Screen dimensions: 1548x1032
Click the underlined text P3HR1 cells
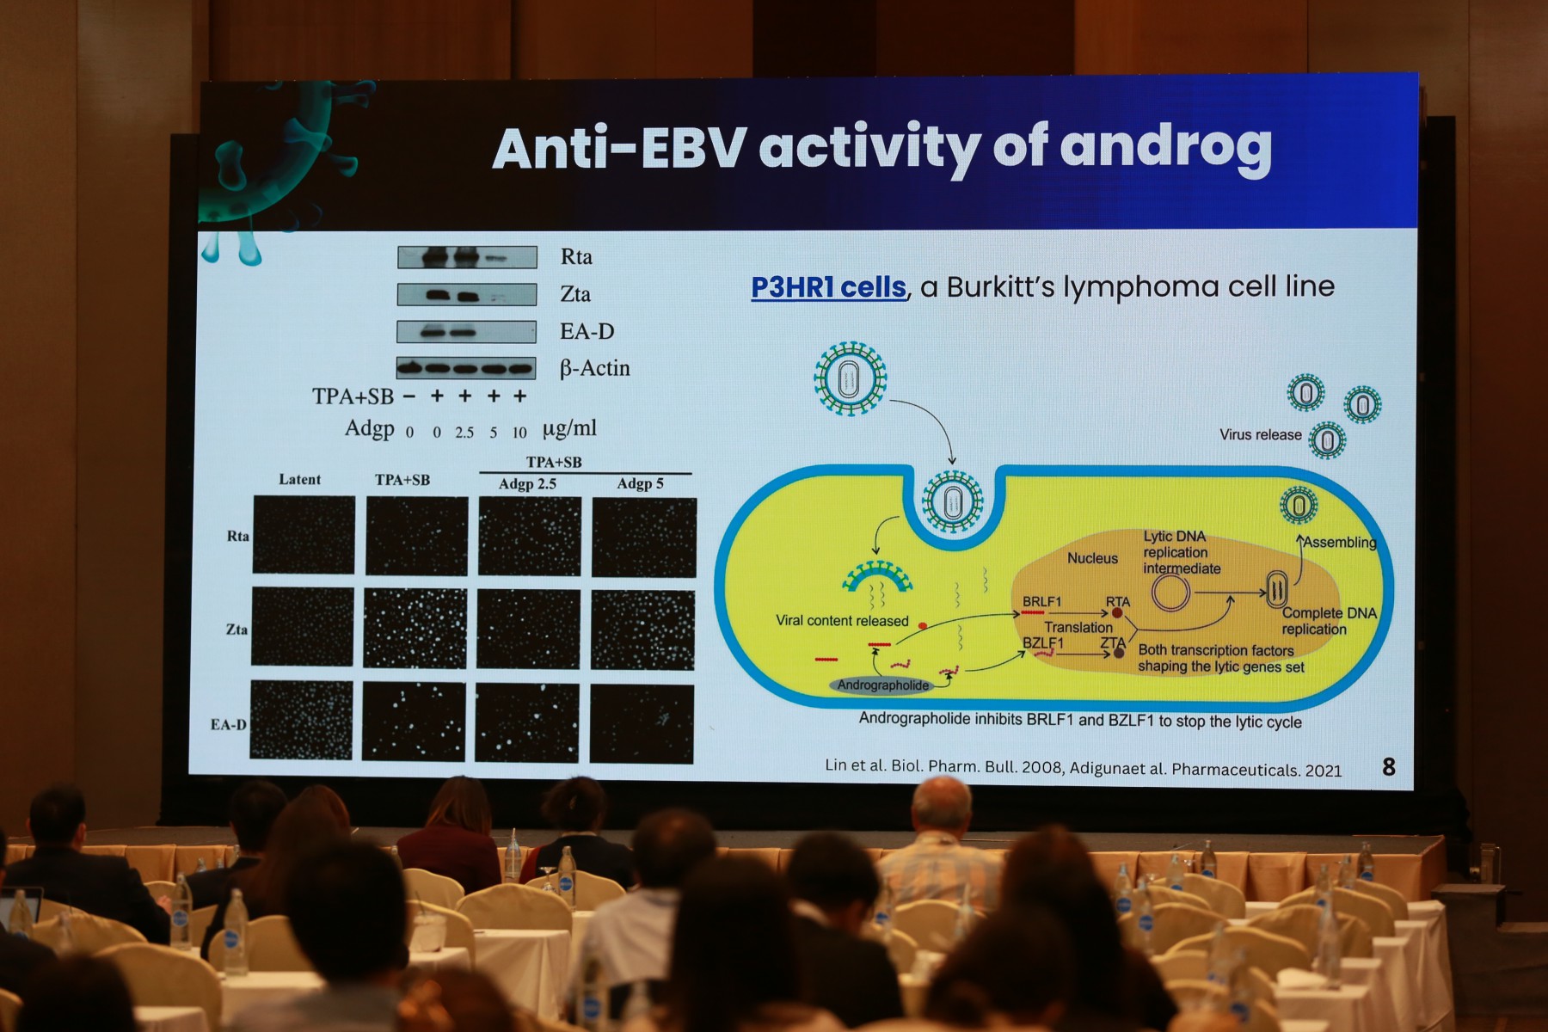[x=828, y=287]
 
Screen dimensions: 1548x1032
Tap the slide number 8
[x=1389, y=766]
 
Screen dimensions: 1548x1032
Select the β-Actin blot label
[x=595, y=369]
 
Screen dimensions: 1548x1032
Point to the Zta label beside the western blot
[x=575, y=294]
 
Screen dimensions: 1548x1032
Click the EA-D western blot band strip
[x=466, y=332]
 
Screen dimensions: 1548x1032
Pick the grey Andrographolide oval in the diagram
[x=883, y=685]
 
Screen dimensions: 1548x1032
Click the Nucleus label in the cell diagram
[x=1092, y=558]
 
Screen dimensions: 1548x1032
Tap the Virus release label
[x=1260, y=435]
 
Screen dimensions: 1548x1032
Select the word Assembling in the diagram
[x=1340, y=542]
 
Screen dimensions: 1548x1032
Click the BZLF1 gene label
[x=1042, y=642]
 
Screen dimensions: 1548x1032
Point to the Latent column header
[x=299, y=479]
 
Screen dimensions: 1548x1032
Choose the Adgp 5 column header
[x=640, y=483]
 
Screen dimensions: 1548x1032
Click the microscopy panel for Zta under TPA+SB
[x=415, y=628]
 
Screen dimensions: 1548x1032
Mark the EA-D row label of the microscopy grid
[x=229, y=724]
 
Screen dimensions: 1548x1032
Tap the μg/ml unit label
[x=568, y=429]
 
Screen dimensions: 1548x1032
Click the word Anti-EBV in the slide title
[x=619, y=148]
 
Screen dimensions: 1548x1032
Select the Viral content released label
[x=842, y=621]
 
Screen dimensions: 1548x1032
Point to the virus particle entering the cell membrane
[x=952, y=501]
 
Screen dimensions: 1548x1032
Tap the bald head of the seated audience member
[x=942, y=804]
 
